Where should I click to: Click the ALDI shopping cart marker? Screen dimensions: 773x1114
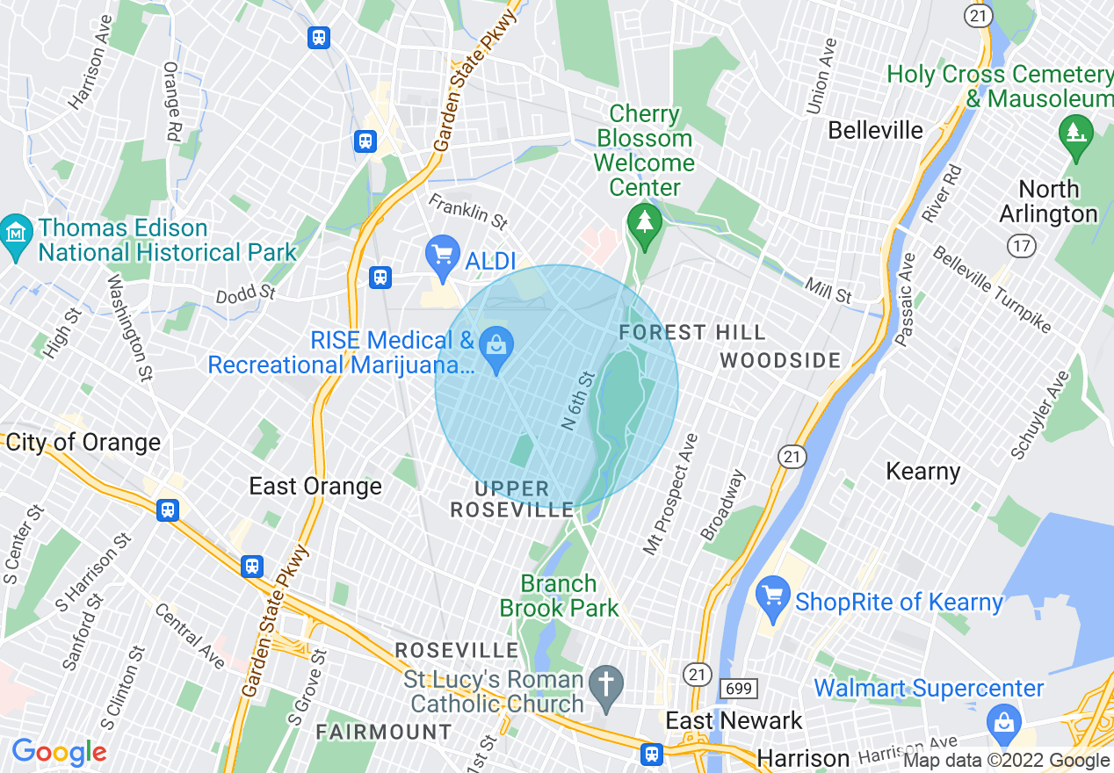point(443,256)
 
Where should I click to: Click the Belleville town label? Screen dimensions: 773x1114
point(876,131)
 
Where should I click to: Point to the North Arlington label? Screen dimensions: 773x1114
point(1048,202)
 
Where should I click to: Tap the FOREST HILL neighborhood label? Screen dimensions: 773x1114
point(692,332)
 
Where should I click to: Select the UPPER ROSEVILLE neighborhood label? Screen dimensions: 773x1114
point(512,499)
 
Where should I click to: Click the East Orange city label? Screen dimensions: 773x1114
point(315,486)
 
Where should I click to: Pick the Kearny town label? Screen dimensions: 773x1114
point(922,471)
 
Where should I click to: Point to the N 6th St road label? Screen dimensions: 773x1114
point(578,401)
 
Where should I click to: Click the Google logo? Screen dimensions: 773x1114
point(59,753)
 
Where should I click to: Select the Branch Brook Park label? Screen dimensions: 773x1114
point(560,596)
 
